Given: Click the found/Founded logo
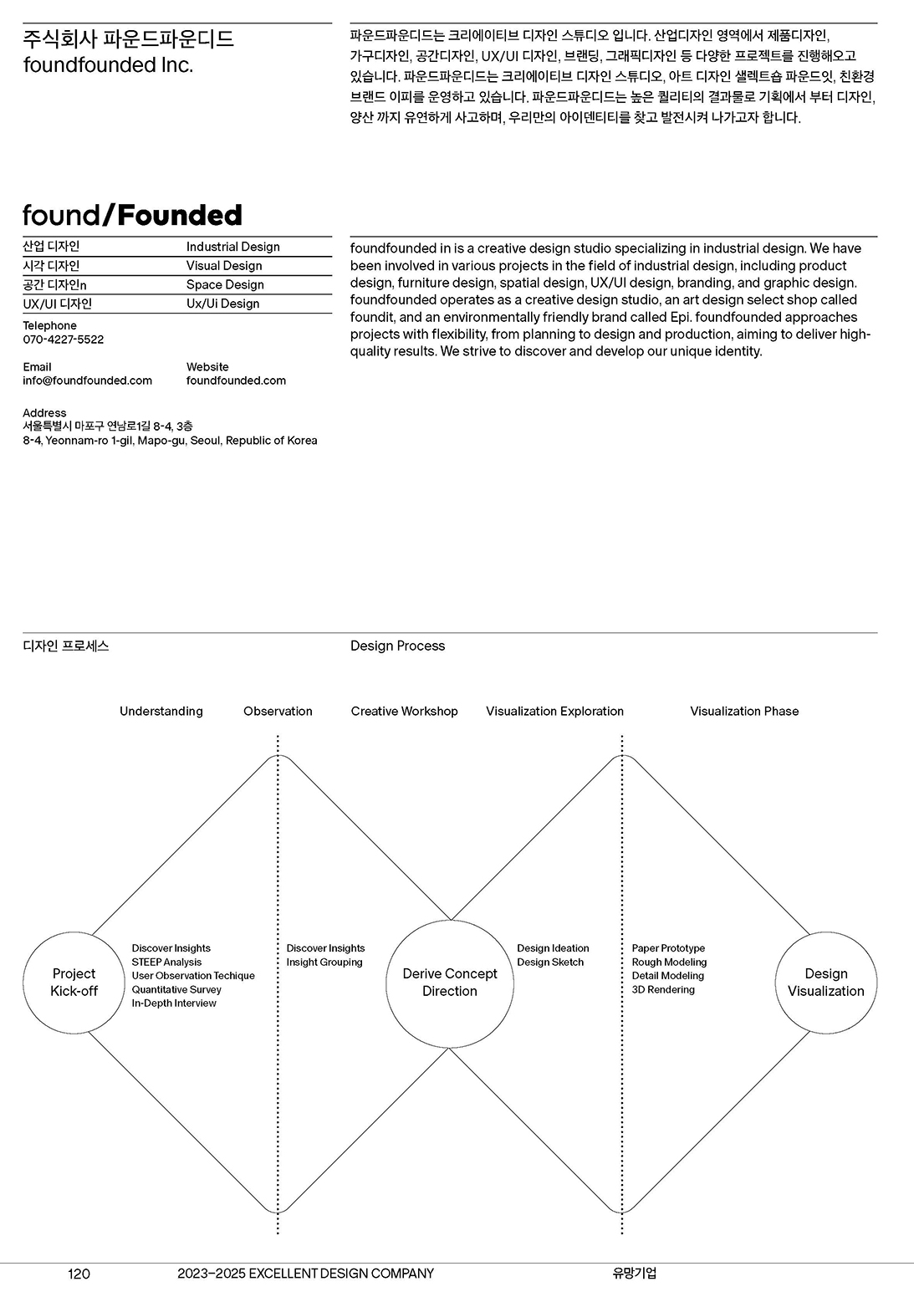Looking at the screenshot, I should click(132, 216).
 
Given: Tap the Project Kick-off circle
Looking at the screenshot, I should click(74, 983).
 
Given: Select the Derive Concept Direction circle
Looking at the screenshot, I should click(450, 983).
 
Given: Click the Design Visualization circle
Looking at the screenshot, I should click(826, 983).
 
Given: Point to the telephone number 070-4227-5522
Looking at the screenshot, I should click(64, 340).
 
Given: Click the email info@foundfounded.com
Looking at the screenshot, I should click(88, 380).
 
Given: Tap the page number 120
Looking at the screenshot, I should click(79, 1274).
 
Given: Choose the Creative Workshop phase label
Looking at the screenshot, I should click(404, 712).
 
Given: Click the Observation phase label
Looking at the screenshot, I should click(278, 712).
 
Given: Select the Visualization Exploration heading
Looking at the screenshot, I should click(554, 712).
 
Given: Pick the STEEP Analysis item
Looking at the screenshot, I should click(166, 962).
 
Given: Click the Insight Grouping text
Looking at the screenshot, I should click(324, 962).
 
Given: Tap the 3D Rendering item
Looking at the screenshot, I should click(663, 990).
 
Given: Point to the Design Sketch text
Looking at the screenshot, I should click(550, 962).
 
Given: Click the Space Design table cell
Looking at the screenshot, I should click(225, 285).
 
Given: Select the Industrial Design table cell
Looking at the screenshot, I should click(232, 247).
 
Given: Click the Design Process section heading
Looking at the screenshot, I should click(397, 646).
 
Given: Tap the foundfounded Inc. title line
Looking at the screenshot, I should click(108, 65).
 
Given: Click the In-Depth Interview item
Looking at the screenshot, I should click(174, 1003).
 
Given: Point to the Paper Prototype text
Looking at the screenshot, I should click(668, 948).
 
